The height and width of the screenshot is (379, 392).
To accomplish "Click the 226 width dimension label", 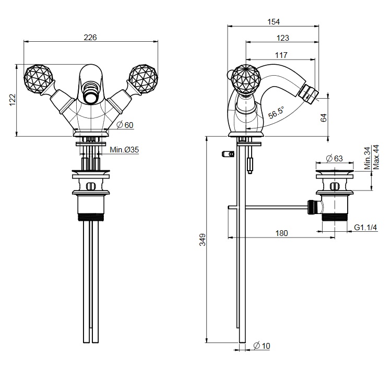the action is (90, 38).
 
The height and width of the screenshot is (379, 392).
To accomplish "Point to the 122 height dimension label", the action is (13, 100).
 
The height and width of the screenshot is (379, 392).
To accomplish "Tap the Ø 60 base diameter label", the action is (125, 125).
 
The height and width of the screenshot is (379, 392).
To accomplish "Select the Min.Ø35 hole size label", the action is (124, 150).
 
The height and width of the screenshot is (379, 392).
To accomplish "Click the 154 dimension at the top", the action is (274, 22).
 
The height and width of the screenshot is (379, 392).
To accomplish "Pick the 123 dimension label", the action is (283, 38).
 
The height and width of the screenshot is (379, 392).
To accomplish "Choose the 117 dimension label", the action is (281, 55).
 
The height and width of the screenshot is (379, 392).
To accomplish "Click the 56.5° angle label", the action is (277, 113).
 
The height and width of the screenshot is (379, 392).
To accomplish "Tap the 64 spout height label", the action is (324, 117).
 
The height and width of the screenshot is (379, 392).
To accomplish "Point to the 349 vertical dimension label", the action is (203, 240).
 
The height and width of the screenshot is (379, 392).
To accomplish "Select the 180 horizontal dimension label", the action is (281, 233).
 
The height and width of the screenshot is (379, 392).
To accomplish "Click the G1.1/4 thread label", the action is (365, 228).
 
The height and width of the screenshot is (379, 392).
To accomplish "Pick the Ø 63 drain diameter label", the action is (335, 159).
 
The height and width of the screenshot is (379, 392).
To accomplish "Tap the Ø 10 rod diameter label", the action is (262, 346).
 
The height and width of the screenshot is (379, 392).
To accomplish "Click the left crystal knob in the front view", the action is (39, 79).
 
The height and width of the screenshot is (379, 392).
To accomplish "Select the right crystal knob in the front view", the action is (142, 79).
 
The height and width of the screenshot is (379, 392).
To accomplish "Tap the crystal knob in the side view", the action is (246, 79).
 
